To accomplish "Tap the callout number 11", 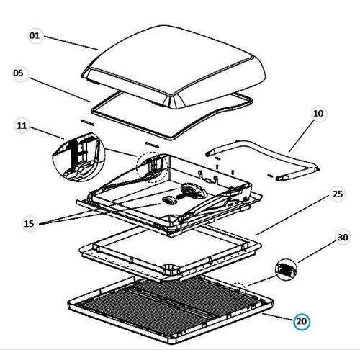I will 22,126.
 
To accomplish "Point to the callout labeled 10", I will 318,114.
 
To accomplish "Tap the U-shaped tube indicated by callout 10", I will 266,158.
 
